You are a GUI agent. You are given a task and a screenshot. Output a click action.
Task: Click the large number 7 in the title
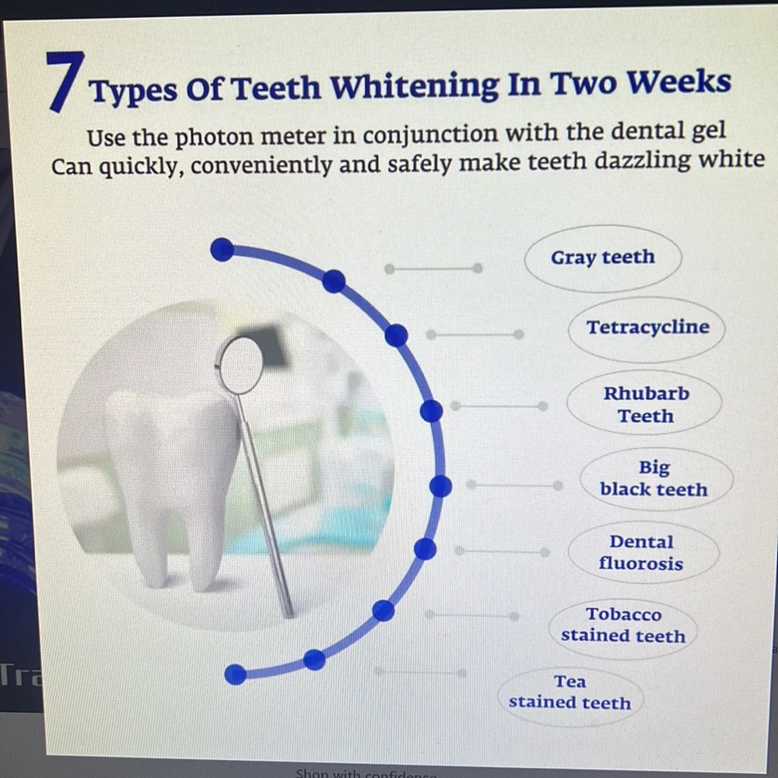pyautogui.click(x=65, y=81)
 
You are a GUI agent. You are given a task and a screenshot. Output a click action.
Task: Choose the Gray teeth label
pyautogui.click(x=603, y=258)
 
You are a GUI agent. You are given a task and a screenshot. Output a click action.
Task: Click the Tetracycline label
pyautogui.click(x=647, y=328)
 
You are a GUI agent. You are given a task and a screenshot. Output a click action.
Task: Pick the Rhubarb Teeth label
pyautogui.click(x=645, y=404)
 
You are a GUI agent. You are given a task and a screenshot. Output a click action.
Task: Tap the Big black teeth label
pyautogui.click(x=655, y=478)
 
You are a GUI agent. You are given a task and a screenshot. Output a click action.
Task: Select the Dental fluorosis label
pyautogui.click(x=642, y=552)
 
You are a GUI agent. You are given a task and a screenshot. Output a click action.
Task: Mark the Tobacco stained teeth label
pyautogui.click(x=623, y=626)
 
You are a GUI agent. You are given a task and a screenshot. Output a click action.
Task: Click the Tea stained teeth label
pyautogui.click(x=570, y=692)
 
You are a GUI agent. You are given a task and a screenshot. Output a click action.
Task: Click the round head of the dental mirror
pyautogui.click(x=240, y=365)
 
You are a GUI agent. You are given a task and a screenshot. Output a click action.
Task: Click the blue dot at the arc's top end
pyautogui.click(x=222, y=249)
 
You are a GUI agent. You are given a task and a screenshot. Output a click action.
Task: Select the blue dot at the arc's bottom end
pyautogui.click(x=235, y=675)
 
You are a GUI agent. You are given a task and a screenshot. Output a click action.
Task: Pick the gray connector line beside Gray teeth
pyautogui.click(x=433, y=269)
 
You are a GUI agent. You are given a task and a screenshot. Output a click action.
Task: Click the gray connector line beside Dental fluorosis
pyautogui.click(x=502, y=552)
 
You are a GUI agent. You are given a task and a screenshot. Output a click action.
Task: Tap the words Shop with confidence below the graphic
pyautogui.click(x=366, y=773)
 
